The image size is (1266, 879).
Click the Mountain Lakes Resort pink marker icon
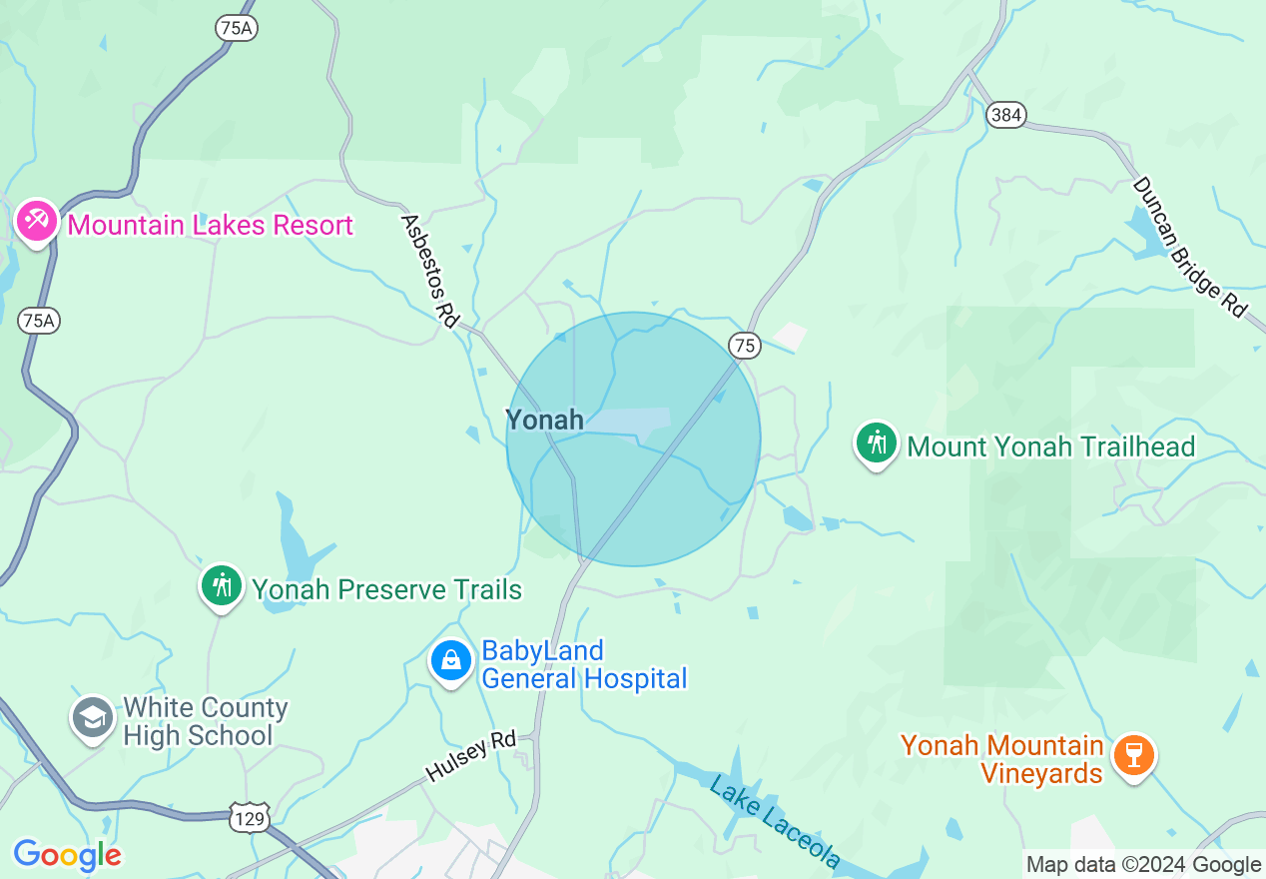pos(37,222)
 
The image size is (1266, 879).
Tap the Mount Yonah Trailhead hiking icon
pos(877,442)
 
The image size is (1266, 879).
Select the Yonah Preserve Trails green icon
pos(222,586)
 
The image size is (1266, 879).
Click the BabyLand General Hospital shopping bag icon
pos(450,661)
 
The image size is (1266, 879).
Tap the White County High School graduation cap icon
pos(93,718)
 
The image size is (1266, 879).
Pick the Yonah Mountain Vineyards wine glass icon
pos(1133,756)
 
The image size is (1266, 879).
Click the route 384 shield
pos(1005,116)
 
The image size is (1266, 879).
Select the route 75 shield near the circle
pos(745,346)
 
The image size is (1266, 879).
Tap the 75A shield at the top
pos(237,28)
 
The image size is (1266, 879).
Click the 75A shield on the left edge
pos(39,321)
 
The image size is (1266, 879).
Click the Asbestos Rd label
pos(429,270)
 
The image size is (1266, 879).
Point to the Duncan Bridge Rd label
pos(1189,247)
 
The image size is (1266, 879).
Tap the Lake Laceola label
pos(775,821)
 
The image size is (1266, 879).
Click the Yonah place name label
pos(544,420)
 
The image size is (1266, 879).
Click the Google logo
pos(67,855)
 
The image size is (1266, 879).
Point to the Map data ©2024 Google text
pos(1143,865)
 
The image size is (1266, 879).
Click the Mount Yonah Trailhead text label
pos(1050,446)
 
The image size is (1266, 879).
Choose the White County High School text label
pos(205,722)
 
